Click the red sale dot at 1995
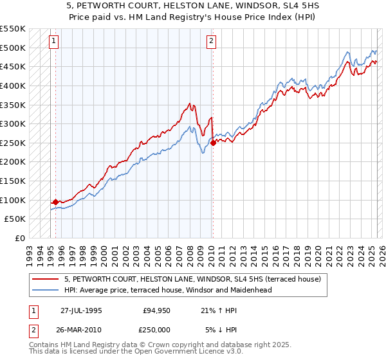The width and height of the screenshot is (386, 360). coord(55,202)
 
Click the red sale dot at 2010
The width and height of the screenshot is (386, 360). coord(212,143)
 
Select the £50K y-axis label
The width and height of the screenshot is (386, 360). coord(15,219)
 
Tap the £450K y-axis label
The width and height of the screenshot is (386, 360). coord(13,66)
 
